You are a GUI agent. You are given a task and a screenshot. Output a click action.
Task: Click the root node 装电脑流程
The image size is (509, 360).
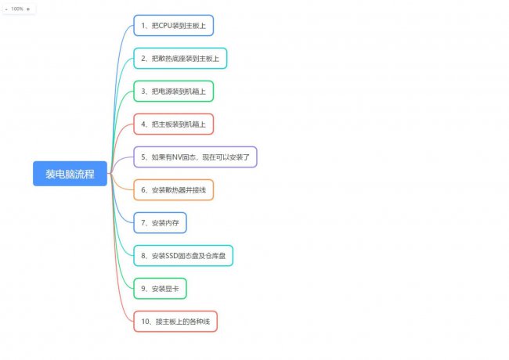coord(70,174)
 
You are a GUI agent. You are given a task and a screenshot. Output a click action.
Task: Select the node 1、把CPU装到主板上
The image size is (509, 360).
coord(174,25)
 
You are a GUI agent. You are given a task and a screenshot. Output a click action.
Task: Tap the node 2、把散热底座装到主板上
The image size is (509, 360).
coord(180,59)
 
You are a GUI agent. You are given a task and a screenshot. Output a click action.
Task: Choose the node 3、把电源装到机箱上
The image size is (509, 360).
coord(174,91)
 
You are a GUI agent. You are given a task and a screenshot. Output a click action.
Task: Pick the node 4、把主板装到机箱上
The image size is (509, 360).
coord(174,124)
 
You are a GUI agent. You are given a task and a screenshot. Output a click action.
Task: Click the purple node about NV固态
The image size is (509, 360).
coord(195,157)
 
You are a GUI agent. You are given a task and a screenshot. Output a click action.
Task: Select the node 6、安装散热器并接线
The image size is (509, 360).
coord(174,189)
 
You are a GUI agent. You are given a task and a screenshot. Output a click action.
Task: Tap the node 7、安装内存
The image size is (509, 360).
coord(160,223)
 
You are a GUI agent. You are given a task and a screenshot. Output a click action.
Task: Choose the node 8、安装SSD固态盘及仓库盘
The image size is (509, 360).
coord(183,256)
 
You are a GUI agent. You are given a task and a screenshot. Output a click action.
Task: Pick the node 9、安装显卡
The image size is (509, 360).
coord(160,289)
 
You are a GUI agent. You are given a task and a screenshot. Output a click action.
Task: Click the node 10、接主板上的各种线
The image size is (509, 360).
coord(175,322)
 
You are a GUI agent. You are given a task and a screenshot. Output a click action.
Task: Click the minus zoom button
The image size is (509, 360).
coord(6,9)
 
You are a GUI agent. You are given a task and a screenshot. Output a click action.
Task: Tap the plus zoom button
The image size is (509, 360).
coord(28,9)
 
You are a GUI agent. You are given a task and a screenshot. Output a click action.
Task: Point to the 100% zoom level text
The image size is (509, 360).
coord(17,9)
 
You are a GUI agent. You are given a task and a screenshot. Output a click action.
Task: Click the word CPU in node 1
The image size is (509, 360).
coord(165,26)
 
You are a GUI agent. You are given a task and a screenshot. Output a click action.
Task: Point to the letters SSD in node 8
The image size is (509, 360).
coord(172,256)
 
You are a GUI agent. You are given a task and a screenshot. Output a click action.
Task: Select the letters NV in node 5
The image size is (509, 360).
coord(177,157)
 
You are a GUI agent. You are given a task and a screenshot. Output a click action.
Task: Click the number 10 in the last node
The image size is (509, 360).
coord(145,322)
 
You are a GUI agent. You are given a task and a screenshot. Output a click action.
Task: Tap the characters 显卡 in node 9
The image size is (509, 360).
coord(172,289)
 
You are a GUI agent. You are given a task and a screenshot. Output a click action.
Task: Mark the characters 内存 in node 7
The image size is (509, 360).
coord(172,223)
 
